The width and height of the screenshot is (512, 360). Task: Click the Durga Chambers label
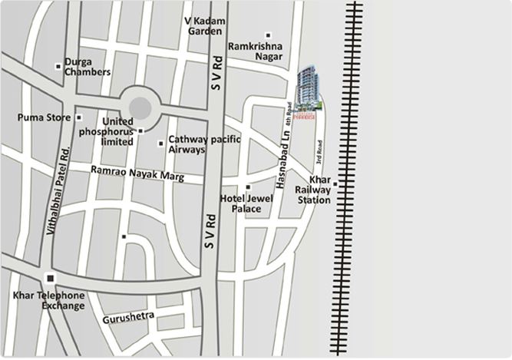88,66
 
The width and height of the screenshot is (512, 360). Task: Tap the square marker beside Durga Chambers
58,66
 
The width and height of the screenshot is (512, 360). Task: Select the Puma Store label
45,117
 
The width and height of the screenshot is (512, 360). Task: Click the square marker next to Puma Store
79,117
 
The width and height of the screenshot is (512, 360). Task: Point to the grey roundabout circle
140,107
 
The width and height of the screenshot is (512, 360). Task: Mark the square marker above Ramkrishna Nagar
268,35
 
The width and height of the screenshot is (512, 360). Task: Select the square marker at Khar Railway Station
335,184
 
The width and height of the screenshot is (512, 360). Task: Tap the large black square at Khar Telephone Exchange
51,278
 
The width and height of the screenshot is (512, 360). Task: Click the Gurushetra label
128,315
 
